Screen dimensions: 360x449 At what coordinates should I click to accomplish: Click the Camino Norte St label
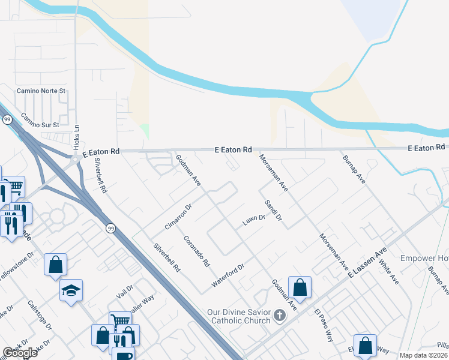tap(40, 91)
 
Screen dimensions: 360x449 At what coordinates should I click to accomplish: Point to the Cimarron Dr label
tap(178, 217)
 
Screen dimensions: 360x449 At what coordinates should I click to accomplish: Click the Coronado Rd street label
tap(196, 250)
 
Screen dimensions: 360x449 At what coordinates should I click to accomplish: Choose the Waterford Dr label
tap(228, 275)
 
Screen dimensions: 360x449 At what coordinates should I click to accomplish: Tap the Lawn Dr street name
tap(253, 221)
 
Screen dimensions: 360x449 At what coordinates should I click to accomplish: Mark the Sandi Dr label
tap(273, 210)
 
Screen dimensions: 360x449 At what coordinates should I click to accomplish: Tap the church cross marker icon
tap(279, 315)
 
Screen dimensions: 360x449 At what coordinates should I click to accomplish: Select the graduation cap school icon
tap(71, 291)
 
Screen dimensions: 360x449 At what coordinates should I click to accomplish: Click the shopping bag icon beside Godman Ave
tap(300, 287)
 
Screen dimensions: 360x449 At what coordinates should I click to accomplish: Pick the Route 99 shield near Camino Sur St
tap(7, 120)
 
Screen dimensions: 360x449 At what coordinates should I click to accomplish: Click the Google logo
tap(20, 353)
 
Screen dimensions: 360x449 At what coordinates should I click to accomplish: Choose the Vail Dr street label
tap(124, 292)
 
